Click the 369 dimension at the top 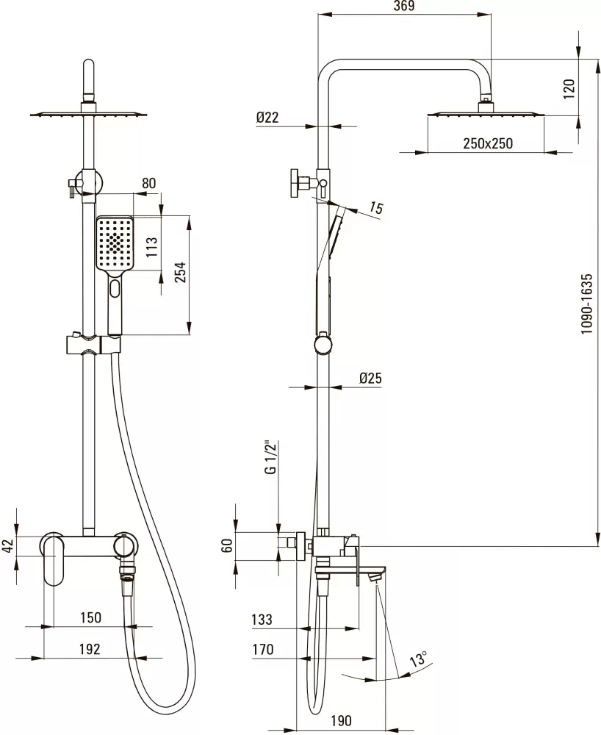coord(404,6)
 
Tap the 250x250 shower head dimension coord(488,143)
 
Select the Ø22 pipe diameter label coord(267,117)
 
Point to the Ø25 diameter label coord(370,378)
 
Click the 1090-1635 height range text coord(586,304)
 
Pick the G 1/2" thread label coord(271,457)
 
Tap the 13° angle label coord(418,659)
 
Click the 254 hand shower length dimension coord(180,273)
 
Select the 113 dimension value coord(152,247)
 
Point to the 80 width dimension coord(148,183)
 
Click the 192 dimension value coord(90,649)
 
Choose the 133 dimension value coord(262,619)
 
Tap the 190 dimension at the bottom coord(341,720)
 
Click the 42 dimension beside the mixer coord(7,546)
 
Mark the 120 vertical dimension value coord(569,89)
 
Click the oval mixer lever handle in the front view coord(54,559)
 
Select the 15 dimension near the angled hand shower coord(376,207)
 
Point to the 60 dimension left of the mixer coord(227,545)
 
